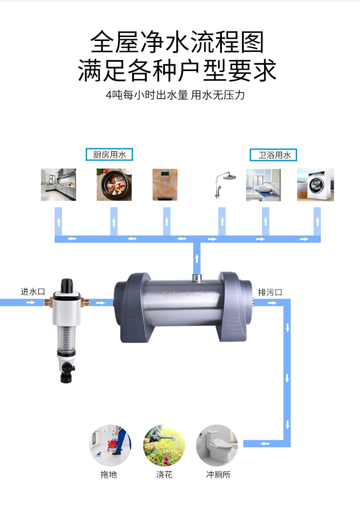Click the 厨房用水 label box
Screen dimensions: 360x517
point(109,154)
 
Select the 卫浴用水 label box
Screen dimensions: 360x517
point(273,155)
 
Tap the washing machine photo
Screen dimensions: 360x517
point(315,184)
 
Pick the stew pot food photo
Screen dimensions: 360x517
point(114,184)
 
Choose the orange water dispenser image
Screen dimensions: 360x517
point(165,184)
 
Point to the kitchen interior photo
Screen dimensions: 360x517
point(58,184)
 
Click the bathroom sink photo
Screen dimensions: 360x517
point(263,185)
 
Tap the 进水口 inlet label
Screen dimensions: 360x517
point(33,292)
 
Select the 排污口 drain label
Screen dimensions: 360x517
point(270,292)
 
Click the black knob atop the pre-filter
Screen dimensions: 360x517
point(67,286)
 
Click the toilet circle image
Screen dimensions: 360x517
point(217,445)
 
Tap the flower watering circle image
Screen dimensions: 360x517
point(164,445)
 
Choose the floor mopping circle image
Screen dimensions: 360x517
point(110,445)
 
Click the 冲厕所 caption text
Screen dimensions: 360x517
point(218,475)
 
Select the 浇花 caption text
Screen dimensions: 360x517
point(165,475)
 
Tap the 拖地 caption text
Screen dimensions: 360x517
point(108,475)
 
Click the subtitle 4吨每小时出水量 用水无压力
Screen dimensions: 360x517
point(175,95)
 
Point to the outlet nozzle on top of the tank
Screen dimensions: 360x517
point(197,277)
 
